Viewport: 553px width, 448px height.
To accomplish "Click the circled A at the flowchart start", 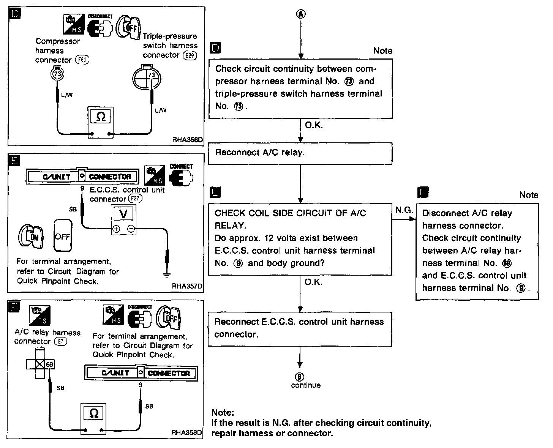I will pos(300,14).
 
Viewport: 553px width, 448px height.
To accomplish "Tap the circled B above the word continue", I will pos(300,377).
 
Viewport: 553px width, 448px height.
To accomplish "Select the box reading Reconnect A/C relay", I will pos(300,153).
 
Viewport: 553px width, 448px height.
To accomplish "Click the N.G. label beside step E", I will pos(404,210).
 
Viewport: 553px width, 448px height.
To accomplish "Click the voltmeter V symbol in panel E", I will pos(123,214).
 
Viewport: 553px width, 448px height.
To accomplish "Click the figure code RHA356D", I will pos(188,140).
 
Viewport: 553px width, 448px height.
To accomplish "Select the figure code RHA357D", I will pos(187,286).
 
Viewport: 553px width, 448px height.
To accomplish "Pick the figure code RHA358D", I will pos(187,432).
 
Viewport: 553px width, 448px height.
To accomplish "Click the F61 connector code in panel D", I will pos(82,60).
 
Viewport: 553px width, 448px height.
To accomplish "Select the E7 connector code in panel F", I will pos(61,341).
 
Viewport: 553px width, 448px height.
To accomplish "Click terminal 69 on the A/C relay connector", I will pos(49,365).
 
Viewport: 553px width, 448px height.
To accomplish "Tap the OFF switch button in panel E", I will pos(63,237).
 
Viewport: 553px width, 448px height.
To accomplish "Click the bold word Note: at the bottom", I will pos(223,413).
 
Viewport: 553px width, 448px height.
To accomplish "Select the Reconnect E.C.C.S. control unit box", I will pos(300,328).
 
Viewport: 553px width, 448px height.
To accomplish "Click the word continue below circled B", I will pos(306,385).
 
